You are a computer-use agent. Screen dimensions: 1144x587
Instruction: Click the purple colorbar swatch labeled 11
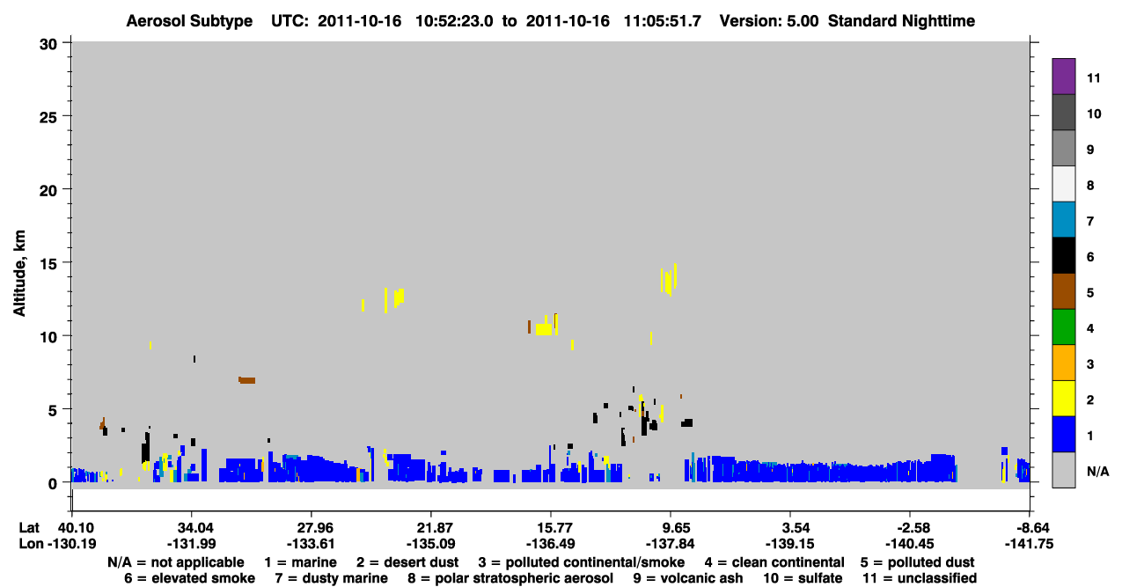(1063, 77)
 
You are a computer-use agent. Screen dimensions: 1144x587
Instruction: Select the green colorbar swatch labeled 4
(1063, 327)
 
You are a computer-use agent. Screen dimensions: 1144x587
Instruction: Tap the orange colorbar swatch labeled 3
(1063, 363)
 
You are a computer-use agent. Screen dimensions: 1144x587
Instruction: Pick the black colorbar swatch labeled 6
(1063, 255)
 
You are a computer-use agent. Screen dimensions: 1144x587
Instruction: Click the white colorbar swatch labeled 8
(1063, 184)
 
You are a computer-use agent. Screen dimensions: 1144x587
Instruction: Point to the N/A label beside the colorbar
(1097, 471)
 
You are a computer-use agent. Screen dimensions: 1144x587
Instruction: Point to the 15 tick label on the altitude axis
(48, 264)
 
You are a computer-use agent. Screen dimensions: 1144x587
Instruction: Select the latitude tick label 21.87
(430, 528)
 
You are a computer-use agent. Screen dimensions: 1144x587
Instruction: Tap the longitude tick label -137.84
(670, 544)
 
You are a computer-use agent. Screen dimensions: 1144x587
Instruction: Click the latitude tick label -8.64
(1029, 528)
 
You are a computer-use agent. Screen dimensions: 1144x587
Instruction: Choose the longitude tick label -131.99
(192, 544)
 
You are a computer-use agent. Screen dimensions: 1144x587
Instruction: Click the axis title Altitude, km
(18, 274)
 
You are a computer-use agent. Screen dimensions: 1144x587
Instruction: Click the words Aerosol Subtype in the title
(189, 21)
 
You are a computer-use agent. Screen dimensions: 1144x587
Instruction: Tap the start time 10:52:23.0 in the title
(454, 21)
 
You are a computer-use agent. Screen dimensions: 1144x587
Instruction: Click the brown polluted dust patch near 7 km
(246, 380)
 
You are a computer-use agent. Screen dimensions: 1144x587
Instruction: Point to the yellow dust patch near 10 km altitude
(544, 328)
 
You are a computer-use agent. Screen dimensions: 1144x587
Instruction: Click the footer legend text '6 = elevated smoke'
(189, 578)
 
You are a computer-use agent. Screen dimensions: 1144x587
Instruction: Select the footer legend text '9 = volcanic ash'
(688, 578)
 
